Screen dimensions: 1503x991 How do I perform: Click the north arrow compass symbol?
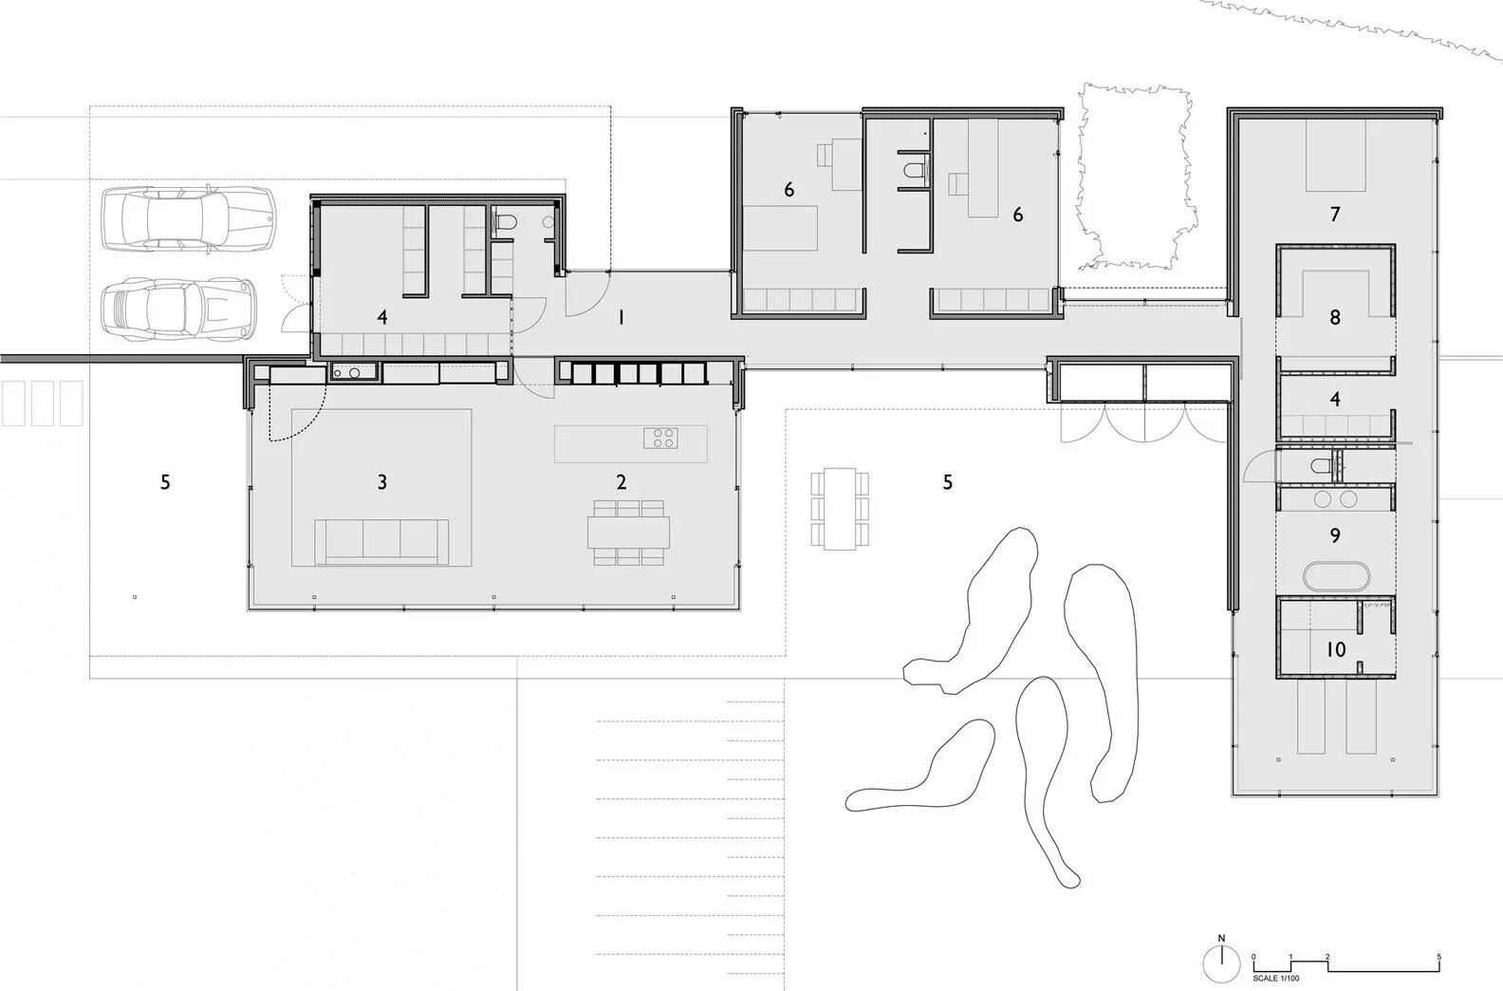click(1221, 964)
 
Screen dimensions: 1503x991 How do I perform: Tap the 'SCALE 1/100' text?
click(1275, 979)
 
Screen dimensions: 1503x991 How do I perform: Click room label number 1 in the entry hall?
click(622, 318)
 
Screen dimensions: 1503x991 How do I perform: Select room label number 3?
click(381, 481)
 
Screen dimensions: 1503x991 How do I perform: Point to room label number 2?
click(621, 481)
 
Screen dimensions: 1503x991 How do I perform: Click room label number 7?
click(1335, 215)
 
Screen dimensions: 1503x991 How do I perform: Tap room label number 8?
click(1335, 317)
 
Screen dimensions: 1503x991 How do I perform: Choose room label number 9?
click(1335, 535)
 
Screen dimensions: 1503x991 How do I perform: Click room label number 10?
click(1336, 649)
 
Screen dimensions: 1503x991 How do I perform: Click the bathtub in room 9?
click(1335, 576)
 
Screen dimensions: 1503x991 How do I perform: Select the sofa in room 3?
click(381, 541)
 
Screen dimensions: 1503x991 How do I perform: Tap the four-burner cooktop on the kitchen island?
click(660, 438)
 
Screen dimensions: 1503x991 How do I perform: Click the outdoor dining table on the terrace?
click(840, 509)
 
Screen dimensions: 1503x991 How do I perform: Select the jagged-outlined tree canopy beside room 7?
click(1134, 176)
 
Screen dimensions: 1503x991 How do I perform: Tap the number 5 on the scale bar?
click(1438, 958)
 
